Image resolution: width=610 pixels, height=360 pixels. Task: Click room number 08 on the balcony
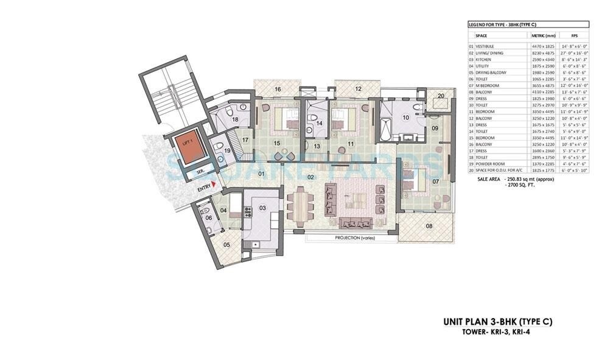pyautogui.click(x=429, y=226)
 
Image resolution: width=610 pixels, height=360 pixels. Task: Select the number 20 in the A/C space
pyautogui.click(x=441, y=96)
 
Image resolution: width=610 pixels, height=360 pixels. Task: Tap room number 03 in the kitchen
pyautogui.click(x=262, y=208)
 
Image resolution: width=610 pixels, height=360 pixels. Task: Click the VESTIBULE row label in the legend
pyautogui.click(x=485, y=46)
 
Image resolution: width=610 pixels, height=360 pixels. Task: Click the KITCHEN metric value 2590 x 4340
pyautogui.click(x=544, y=59)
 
